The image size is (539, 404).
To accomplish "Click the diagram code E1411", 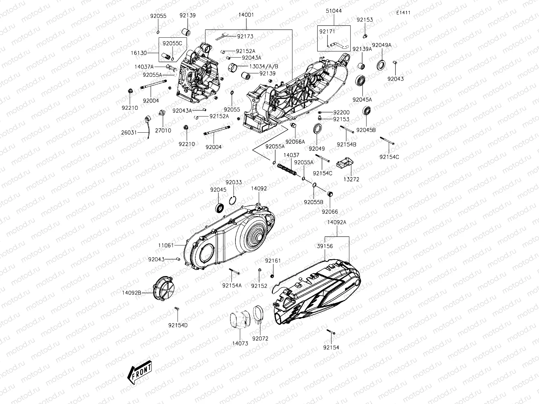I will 403,13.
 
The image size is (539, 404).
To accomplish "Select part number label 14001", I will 246,15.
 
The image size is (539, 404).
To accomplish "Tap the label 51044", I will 334,11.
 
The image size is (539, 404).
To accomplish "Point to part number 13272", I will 351,179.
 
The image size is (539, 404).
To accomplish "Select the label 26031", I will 129,133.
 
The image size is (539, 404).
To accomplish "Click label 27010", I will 163,130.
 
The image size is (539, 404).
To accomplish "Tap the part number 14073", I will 240,343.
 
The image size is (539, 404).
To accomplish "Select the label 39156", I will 325,246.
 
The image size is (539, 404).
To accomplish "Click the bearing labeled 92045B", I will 367,111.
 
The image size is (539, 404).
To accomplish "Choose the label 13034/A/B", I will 264,66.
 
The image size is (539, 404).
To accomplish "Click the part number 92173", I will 245,36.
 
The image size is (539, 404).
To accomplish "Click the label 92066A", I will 295,142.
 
